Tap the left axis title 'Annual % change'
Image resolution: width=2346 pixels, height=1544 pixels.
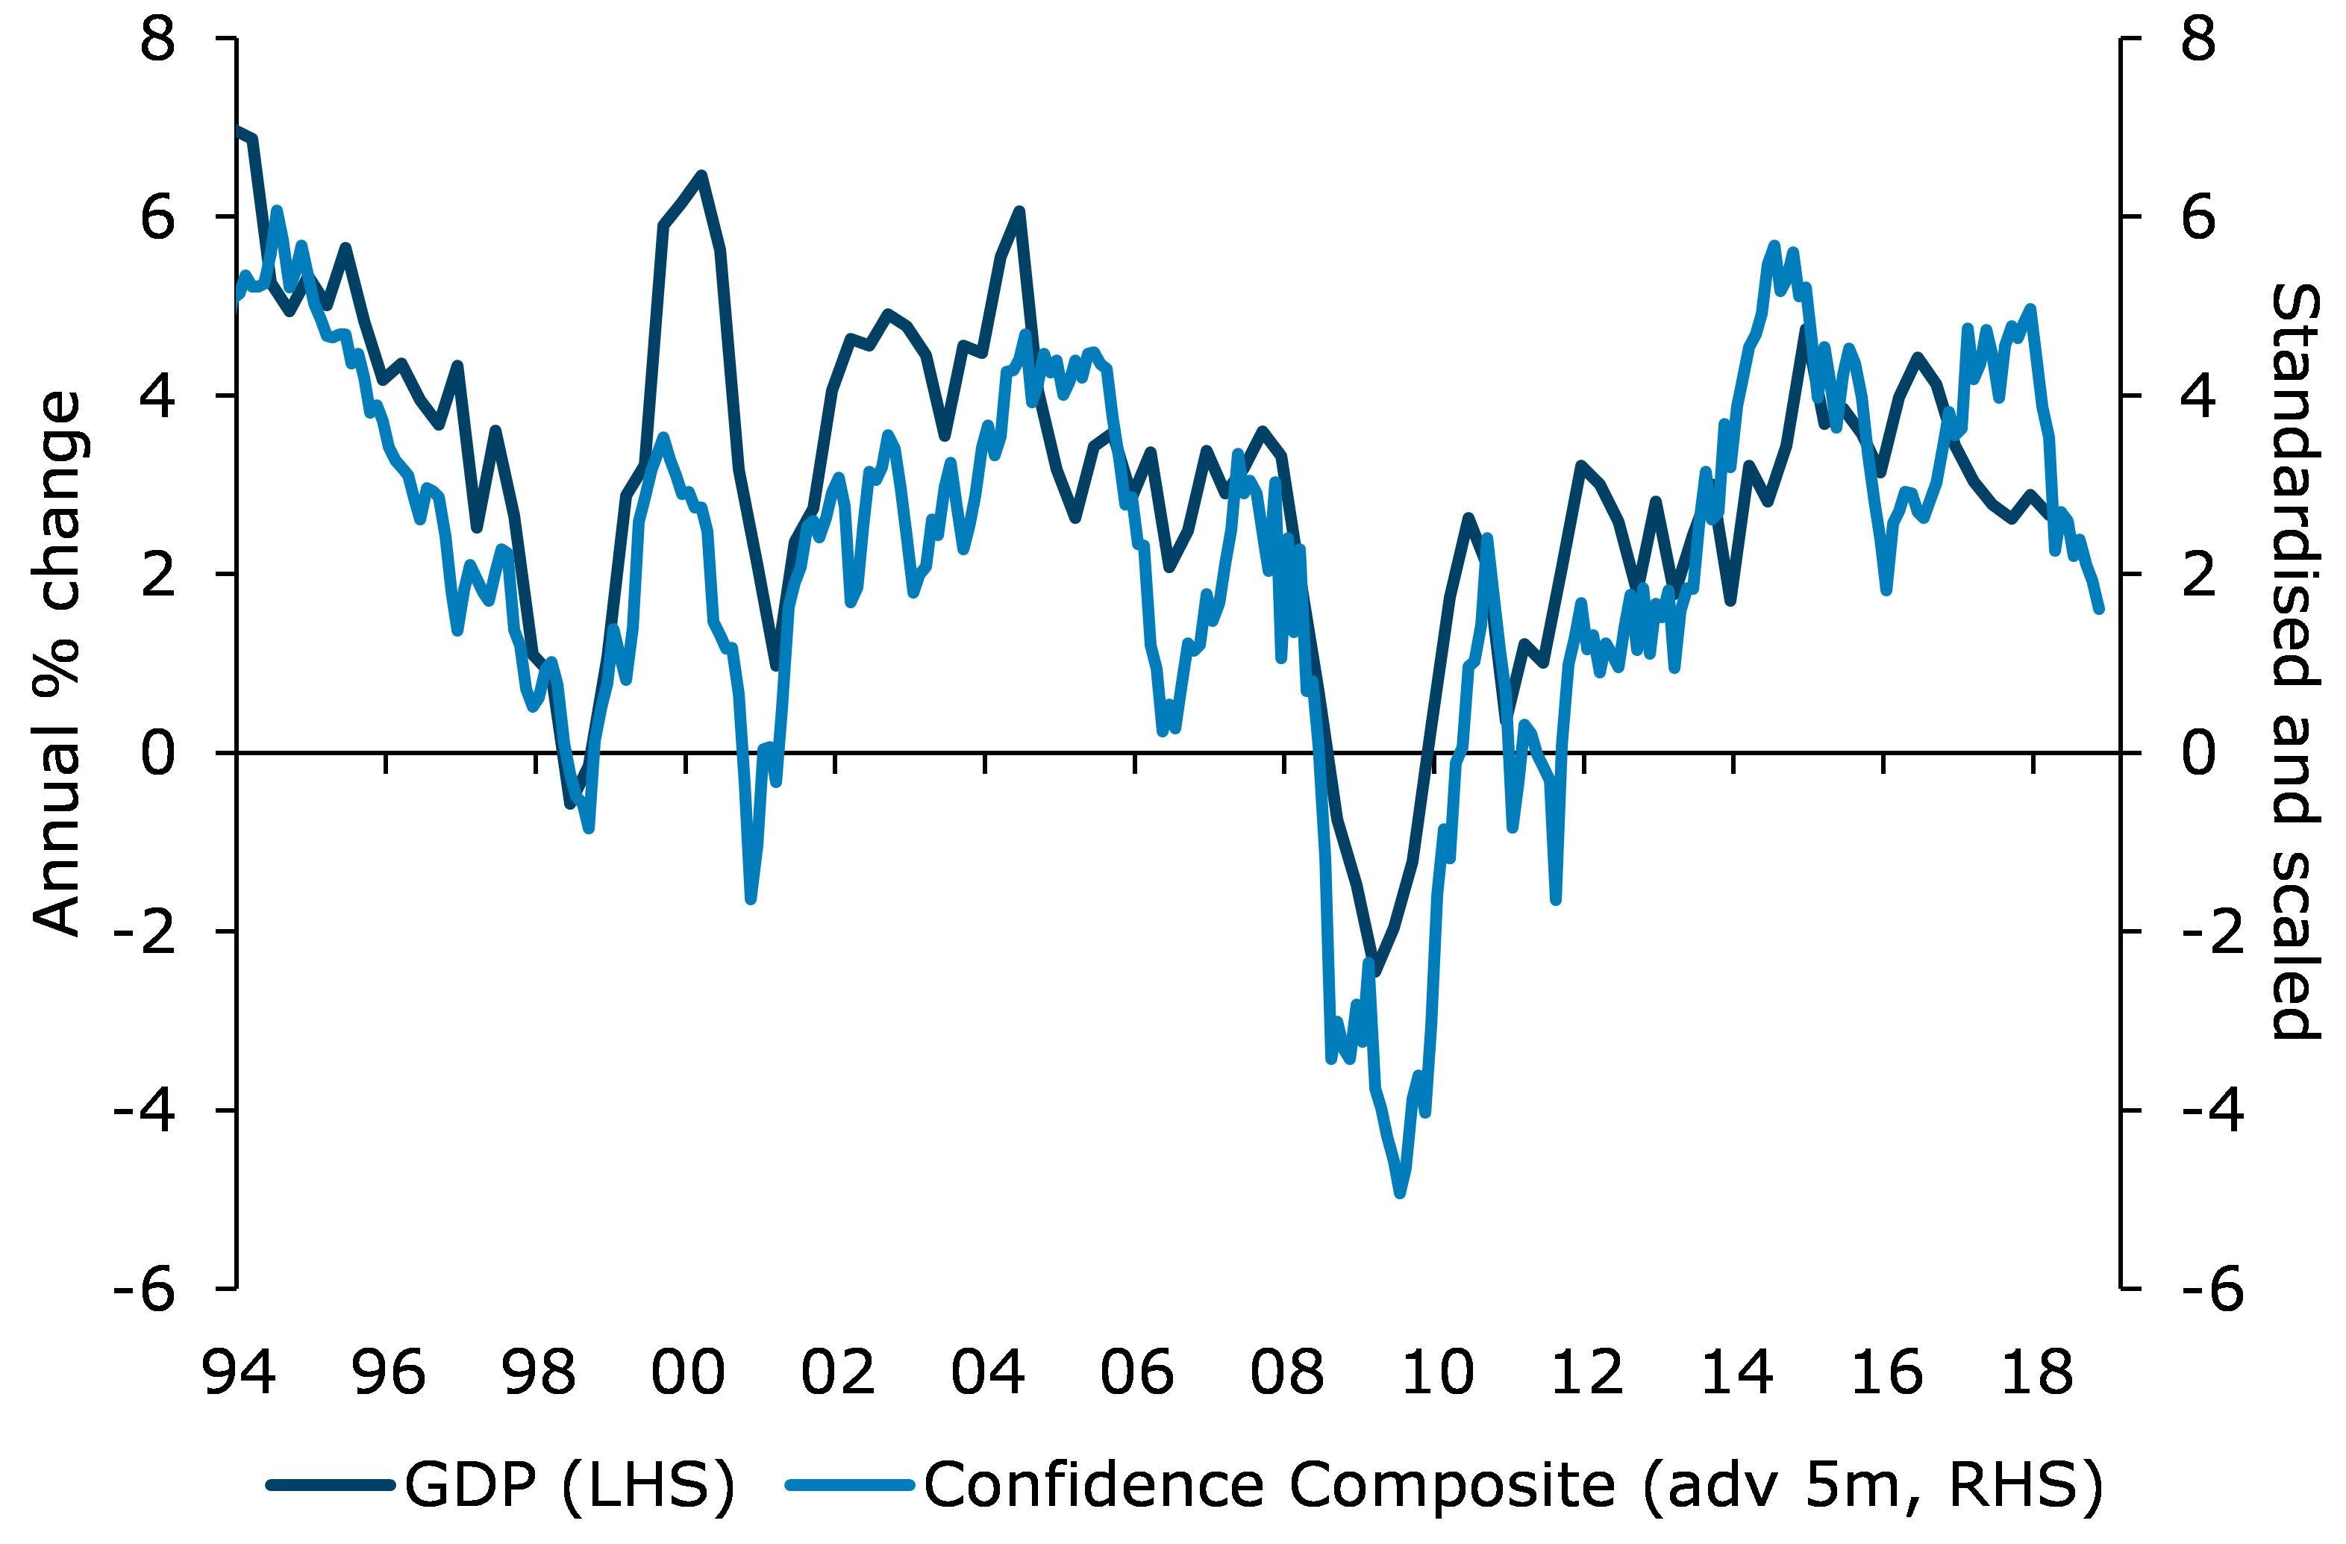click(x=57, y=663)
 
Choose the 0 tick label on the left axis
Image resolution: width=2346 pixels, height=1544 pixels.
click(x=157, y=753)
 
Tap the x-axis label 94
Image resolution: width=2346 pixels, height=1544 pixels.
click(x=239, y=1372)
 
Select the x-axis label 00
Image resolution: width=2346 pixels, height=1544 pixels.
click(x=687, y=1372)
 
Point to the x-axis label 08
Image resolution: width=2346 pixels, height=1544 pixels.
click(x=1286, y=1372)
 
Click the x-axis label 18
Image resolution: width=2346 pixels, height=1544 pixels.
click(x=2036, y=1372)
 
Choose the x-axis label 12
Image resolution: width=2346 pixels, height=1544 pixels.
click(x=1587, y=1372)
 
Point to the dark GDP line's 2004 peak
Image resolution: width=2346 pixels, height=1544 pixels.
click(x=1019, y=211)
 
